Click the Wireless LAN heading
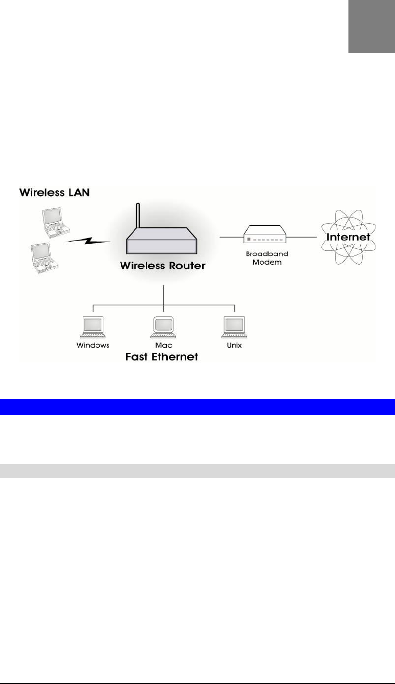tap(54, 193)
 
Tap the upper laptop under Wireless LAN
tap(56, 223)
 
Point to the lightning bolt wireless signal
tap(88, 241)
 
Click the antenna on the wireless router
tap(138, 216)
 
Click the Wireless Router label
tap(163, 265)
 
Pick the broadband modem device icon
tap(265, 234)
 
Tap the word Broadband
tap(267, 254)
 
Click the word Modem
tap(267, 262)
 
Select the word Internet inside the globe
tap(348, 237)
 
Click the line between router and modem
tap(232, 237)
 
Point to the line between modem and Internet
tap(301, 237)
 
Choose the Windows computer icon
tap(93, 327)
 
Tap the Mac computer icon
tap(163, 327)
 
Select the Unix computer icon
tap(234, 327)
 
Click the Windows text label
tap(93, 346)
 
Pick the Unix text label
tap(234, 346)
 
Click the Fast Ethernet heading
tap(162, 357)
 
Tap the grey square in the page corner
tap(372, 27)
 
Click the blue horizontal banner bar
tap(198, 407)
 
